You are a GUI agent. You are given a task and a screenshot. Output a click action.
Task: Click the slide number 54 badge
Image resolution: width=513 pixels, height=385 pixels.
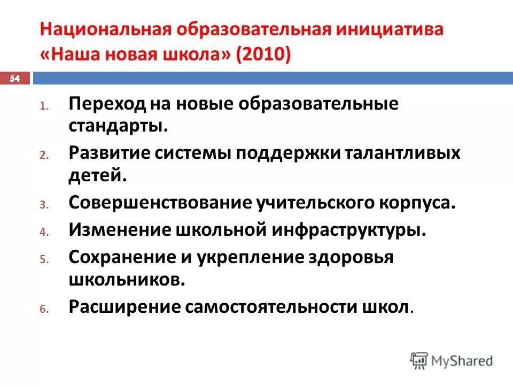(x=15, y=79)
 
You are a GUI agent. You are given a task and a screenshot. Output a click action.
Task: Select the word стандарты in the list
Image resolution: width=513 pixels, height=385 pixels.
(x=117, y=128)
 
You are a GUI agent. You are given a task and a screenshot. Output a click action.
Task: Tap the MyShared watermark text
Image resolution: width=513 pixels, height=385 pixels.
(x=462, y=361)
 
